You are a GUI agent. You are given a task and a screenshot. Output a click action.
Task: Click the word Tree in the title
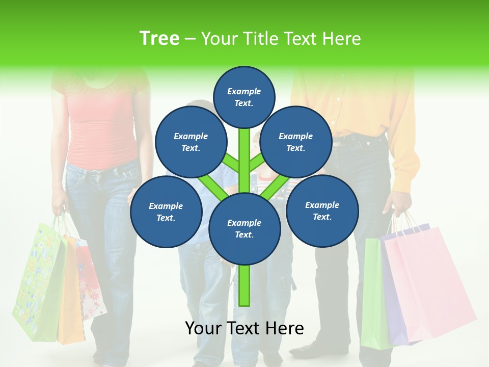click(x=159, y=38)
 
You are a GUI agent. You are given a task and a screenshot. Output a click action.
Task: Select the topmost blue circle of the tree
click(x=244, y=97)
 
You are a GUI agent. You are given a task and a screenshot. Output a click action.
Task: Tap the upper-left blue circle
click(x=191, y=142)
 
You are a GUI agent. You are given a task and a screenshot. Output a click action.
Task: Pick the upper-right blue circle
click(x=295, y=142)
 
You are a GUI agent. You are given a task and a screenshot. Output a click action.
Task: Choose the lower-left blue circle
click(x=166, y=212)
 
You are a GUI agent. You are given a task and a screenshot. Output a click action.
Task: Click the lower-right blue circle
click(x=322, y=210)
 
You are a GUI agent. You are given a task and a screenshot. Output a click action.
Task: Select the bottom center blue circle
click(x=244, y=228)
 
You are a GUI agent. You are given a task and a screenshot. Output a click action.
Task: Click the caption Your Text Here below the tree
click(x=244, y=328)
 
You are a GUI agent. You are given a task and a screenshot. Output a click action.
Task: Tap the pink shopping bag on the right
click(x=428, y=285)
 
